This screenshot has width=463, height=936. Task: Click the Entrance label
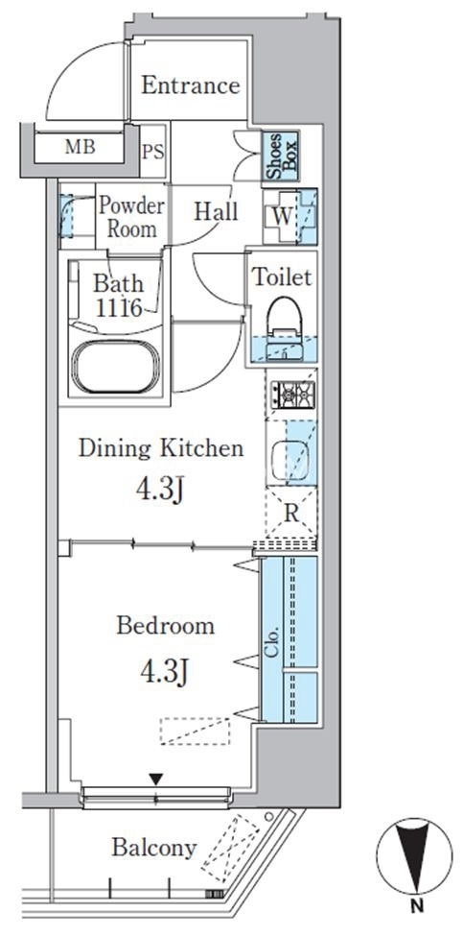190,86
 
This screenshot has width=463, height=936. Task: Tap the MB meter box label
80,147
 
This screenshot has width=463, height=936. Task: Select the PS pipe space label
152,153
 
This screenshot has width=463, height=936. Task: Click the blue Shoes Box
281,156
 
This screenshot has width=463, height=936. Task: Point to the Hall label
216,211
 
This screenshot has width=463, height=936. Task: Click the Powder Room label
131,217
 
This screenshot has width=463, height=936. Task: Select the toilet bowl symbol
283,318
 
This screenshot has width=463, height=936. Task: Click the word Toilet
283,277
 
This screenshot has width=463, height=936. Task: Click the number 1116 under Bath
119,308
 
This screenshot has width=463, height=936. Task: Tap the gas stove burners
293,394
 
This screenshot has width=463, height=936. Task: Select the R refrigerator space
290,512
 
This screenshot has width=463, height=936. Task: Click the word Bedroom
166,626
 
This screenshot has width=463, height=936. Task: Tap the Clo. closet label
272,644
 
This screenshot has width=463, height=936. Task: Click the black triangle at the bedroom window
156,779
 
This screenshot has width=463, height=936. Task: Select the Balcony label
153,847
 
